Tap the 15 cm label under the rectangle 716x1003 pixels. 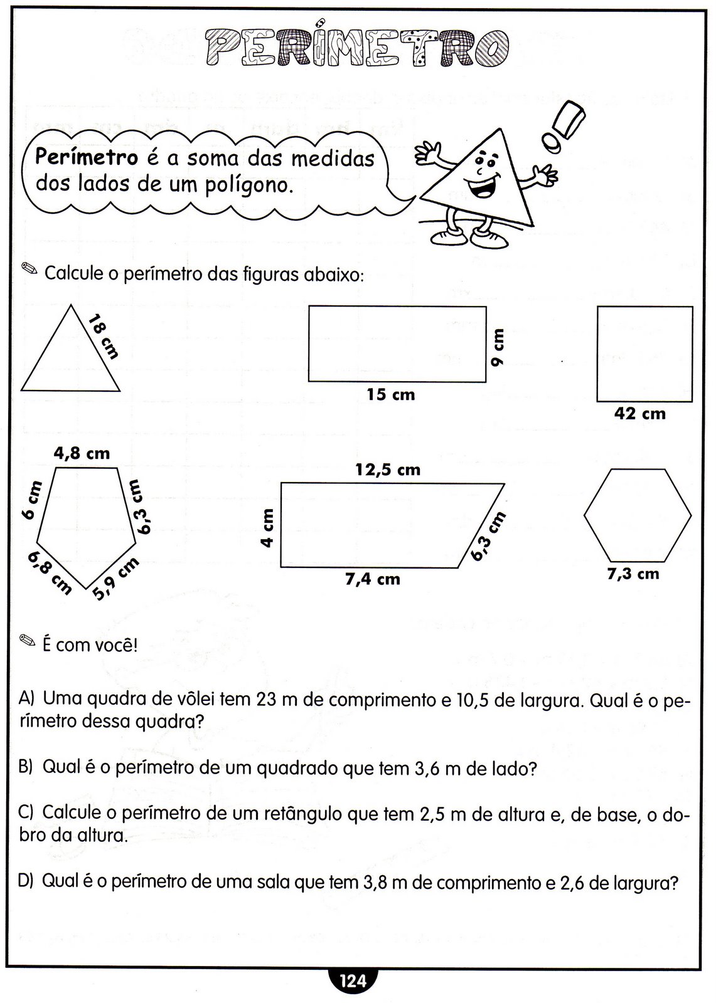click(x=391, y=395)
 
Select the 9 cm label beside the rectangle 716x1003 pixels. click(x=498, y=349)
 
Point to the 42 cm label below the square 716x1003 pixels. click(x=640, y=414)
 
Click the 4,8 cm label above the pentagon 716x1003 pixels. click(x=82, y=453)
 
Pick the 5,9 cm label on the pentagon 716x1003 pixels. click(x=116, y=578)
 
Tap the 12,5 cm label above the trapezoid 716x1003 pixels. click(x=388, y=470)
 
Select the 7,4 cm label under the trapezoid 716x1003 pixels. click(x=372, y=579)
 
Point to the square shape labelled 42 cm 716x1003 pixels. click(x=644, y=354)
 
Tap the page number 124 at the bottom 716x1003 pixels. click(x=352, y=982)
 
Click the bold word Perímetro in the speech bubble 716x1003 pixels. click(x=86, y=157)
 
